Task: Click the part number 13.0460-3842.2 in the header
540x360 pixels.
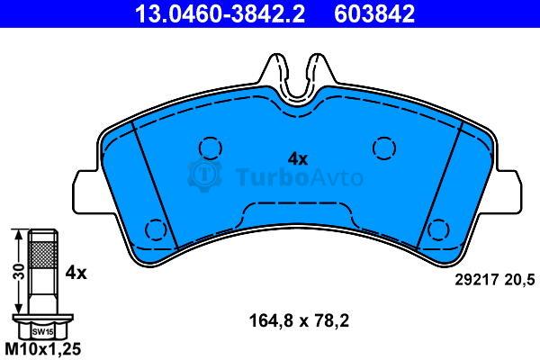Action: click(x=220, y=13)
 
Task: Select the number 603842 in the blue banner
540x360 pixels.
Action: click(x=374, y=13)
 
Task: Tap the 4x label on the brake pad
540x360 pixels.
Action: click(x=298, y=159)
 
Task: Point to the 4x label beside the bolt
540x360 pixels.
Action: click(x=76, y=273)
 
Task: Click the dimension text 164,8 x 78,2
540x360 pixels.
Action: click(x=299, y=320)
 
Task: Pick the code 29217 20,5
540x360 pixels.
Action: click(x=495, y=279)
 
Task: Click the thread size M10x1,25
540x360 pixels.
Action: click(x=43, y=349)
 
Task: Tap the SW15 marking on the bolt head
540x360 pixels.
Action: click(x=43, y=332)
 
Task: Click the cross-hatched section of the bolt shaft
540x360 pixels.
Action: click(x=42, y=255)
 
